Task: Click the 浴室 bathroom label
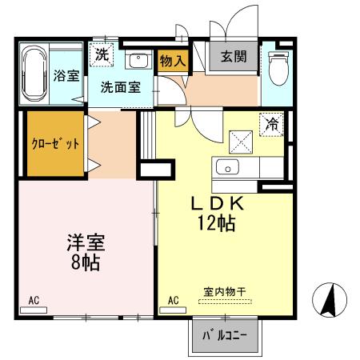click(66, 77)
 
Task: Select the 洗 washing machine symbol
click(102, 55)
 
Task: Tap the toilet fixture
click(277, 69)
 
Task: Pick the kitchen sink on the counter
click(228, 168)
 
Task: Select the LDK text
click(216, 205)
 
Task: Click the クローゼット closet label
click(56, 144)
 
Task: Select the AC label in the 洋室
click(34, 301)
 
